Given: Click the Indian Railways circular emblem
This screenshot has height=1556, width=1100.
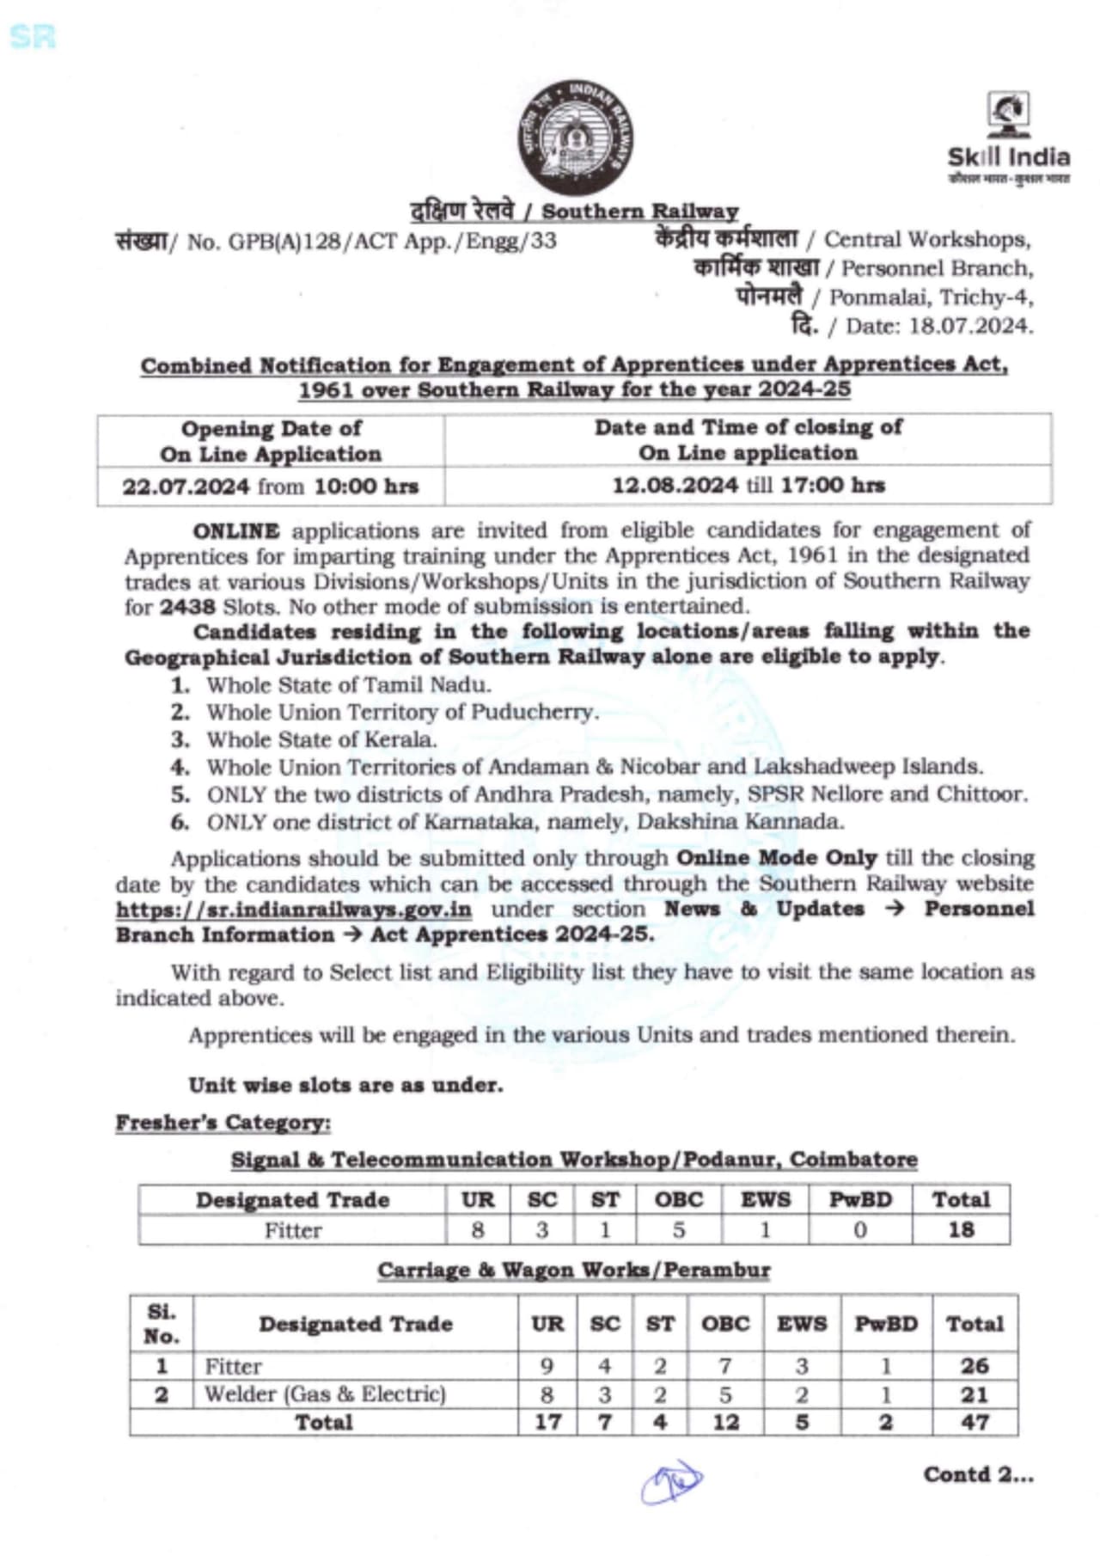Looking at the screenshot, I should (575, 138).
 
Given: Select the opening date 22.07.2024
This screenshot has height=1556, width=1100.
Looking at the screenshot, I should (186, 487).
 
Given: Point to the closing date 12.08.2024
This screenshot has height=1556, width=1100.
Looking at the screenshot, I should (675, 485).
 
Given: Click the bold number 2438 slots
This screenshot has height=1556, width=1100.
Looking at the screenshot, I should (187, 607).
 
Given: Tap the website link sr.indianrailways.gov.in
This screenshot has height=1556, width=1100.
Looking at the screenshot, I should (294, 910).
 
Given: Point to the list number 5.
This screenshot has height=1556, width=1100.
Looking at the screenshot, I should (180, 794).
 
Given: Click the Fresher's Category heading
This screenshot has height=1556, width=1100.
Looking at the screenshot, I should (223, 1123).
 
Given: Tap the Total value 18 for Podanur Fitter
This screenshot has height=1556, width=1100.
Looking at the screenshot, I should (960, 1230).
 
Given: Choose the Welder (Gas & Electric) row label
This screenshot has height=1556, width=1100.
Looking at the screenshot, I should (325, 1394).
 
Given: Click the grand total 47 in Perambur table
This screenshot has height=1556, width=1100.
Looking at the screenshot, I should (974, 1423).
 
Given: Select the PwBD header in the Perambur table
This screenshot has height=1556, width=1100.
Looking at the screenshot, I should (885, 1324).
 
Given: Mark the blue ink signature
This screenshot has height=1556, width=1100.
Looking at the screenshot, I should (671, 1480).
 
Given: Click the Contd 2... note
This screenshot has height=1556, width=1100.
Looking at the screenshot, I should (978, 1475).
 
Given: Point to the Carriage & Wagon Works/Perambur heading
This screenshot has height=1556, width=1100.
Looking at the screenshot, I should (573, 1271).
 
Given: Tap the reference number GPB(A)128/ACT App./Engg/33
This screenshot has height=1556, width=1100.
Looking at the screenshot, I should (392, 242).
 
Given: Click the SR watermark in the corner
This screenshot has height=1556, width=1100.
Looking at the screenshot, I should (33, 36).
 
